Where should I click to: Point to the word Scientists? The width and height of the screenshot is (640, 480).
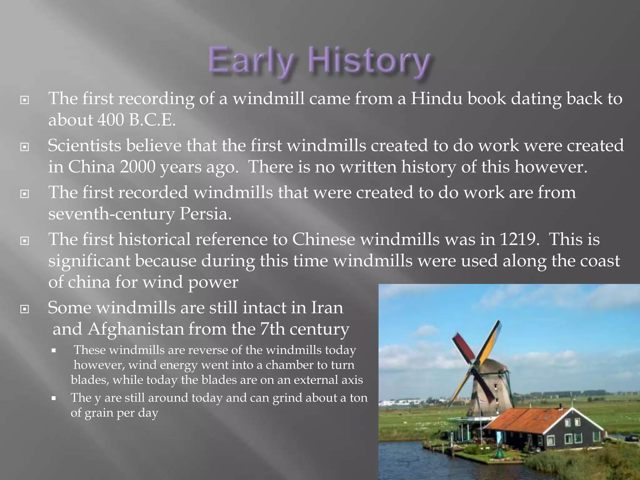click(x=84, y=146)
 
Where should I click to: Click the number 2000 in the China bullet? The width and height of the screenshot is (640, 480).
click(x=137, y=167)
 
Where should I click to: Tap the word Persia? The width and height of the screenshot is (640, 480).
click(x=205, y=214)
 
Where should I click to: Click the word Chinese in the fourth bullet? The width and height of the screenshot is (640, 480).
click(x=323, y=239)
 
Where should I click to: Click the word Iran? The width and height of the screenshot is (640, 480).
click(x=327, y=308)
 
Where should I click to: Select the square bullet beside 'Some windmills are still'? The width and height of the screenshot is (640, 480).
click(x=24, y=309)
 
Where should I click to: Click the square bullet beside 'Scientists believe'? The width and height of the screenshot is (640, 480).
click(x=24, y=147)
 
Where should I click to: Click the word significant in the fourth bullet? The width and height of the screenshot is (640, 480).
click(x=89, y=261)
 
